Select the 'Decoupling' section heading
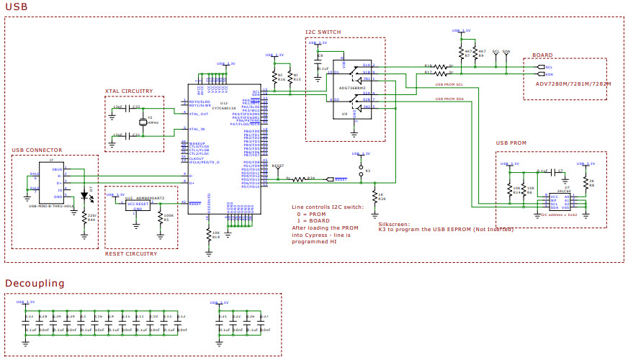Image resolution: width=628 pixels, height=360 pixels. pos(35,283)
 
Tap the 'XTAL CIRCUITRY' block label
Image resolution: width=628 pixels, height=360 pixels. pos(129,91)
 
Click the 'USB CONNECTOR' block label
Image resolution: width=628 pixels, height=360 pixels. pos(36,150)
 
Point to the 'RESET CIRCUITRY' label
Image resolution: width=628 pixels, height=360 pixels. pos(130,253)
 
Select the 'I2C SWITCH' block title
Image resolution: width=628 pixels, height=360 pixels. pos(323,32)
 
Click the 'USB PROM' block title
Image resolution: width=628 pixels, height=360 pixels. pos(511,143)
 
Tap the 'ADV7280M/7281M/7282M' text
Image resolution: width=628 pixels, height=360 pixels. pos(573,84)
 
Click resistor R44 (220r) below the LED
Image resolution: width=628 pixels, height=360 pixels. pos(84,217)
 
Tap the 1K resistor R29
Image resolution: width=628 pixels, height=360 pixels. pos(374,197)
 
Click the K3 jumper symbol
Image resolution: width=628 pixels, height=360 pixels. pos(360,171)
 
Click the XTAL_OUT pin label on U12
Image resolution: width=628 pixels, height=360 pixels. pos(199,114)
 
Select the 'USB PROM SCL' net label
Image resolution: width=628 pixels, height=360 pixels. pos(449,85)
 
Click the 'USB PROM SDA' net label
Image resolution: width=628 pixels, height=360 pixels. pos(449,99)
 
